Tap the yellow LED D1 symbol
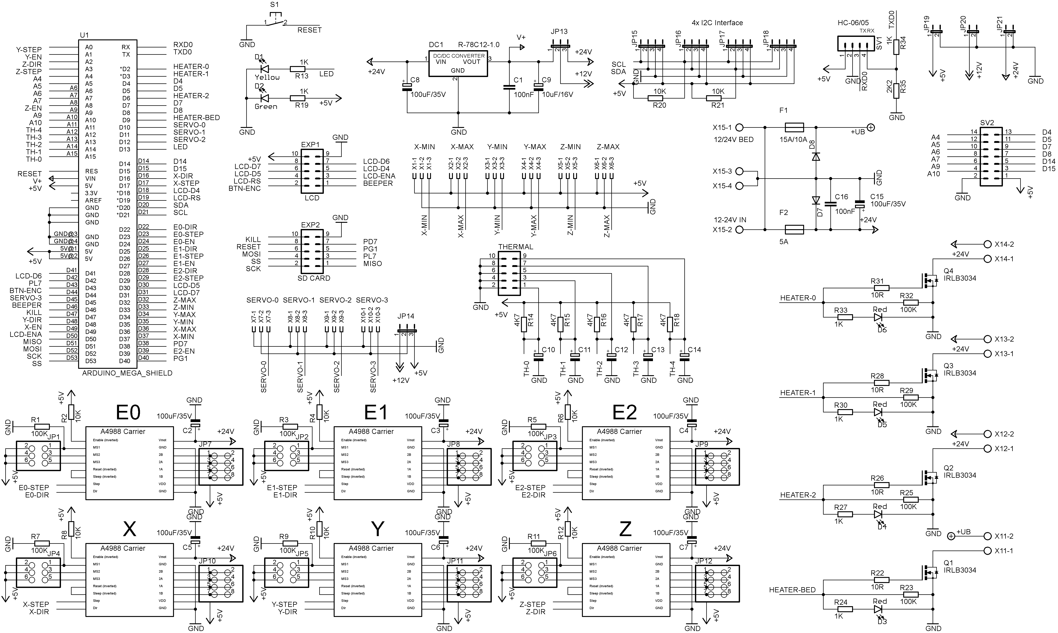264,69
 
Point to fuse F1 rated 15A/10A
794,127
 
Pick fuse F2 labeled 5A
794,230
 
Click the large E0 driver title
128,412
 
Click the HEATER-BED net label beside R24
792,590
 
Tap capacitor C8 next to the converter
407,87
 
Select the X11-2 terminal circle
987,536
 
